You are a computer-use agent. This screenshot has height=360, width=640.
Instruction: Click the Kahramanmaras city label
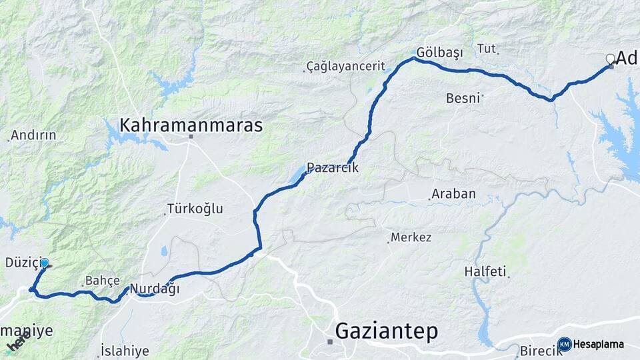[x=191, y=125]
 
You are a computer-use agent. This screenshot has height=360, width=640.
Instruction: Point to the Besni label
[x=463, y=98]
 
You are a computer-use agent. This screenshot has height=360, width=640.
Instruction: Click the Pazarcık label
[x=333, y=168]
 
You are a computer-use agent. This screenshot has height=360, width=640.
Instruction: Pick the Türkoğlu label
[x=195, y=209]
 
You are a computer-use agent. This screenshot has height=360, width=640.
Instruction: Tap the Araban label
[x=453, y=194]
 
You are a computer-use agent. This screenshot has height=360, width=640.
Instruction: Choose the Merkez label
[x=411, y=237]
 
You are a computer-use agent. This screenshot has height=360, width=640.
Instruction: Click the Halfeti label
[x=485, y=272]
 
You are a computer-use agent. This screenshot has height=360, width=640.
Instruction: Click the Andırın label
[x=33, y=135]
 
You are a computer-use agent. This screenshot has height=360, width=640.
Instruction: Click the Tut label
[x=487, y=48]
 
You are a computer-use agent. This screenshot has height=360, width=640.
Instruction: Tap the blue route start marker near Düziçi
[x=45, y=263]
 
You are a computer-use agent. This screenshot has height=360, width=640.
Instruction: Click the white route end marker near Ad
[x=610, y=59]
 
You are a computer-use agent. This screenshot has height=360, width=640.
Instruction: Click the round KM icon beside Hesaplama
[x=565, y=344]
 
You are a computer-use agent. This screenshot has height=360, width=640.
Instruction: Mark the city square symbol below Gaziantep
[x=330, y=341]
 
